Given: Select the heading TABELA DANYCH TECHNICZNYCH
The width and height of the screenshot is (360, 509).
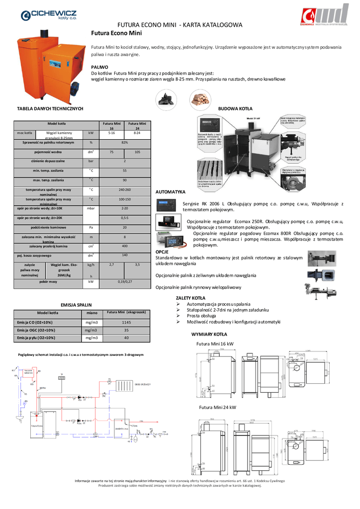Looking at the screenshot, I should [x=50, y=108].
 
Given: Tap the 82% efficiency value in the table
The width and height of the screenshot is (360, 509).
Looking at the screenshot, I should [x=125, y=143].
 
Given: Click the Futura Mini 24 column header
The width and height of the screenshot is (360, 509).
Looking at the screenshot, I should [x=137, y=126].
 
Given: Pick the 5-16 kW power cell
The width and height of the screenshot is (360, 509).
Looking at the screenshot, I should [x=112, y=133].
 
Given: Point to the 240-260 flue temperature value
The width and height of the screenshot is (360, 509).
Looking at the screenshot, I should [x=125, y=189].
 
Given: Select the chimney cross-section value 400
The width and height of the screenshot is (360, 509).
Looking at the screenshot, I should [x=125, y=246].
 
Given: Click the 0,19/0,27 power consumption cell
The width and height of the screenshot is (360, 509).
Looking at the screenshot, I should [x=125, y=282].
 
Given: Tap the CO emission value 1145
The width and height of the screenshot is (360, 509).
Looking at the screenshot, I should [x=126, y=323].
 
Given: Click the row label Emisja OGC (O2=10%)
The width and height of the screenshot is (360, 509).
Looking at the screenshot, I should [x=36, y=330].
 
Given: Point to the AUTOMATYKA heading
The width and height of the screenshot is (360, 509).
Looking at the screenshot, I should [x=171, y=191].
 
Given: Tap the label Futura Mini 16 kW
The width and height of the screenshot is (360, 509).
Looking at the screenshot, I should [x=215, y=344].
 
